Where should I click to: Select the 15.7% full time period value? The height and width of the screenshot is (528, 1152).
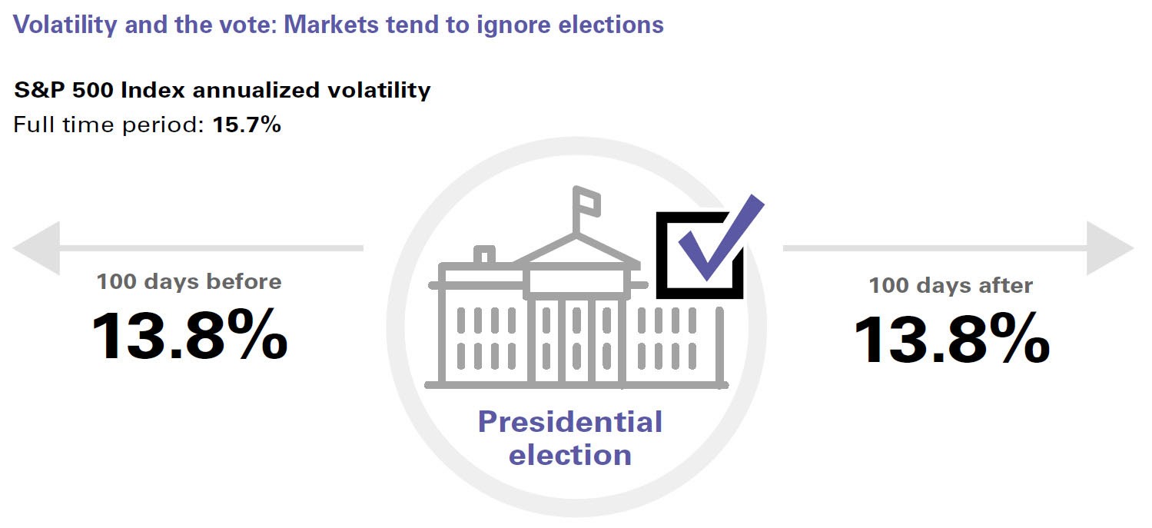[x=242, y=125]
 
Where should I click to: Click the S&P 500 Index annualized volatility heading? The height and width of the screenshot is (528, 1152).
[x=222, y=90]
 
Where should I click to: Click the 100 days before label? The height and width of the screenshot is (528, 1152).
[x=189, y=281]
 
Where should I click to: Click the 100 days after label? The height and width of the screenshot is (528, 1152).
[x=951, y=286]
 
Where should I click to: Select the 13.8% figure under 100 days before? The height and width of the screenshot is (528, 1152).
[x=189, y=335]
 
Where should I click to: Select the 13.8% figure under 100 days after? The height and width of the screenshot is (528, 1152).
[x=951, y=339]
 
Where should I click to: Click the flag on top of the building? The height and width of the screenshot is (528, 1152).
[x=587, y=201]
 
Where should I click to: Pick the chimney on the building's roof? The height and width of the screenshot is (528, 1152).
[x=484, y=255]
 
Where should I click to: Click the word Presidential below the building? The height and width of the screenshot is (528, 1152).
[x=569, y=422]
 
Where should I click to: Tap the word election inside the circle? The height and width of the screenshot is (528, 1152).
[x=569, y=454]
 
